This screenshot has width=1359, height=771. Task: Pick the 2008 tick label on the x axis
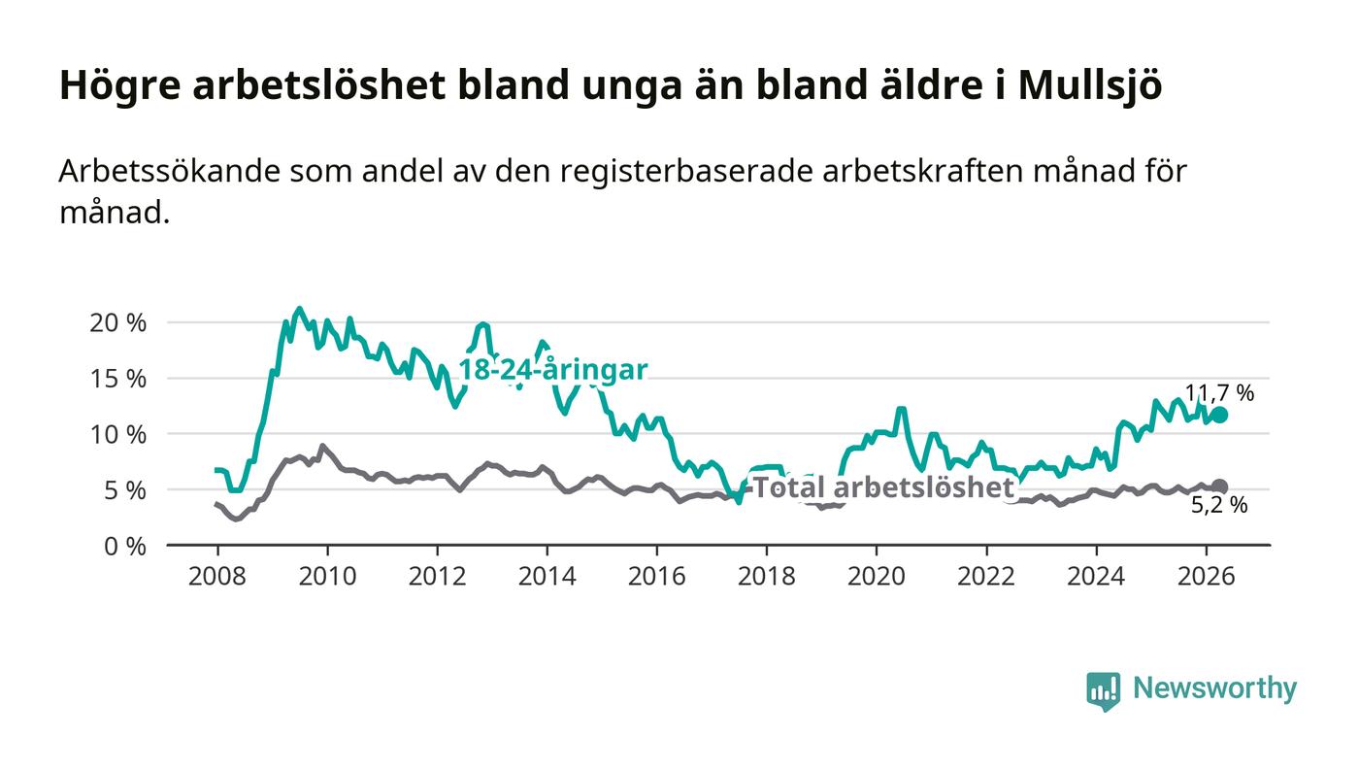217,576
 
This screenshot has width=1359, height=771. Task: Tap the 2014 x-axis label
547,576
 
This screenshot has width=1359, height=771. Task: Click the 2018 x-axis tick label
766,576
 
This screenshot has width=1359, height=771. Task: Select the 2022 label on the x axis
986,576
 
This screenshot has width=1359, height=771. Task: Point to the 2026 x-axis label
1206,576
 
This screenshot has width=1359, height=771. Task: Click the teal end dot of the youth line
1219,416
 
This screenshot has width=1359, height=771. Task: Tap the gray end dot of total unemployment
1219,486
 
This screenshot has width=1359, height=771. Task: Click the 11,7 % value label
1219,393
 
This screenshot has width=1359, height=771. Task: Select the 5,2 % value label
1219,505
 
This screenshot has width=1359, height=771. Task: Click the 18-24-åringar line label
552,370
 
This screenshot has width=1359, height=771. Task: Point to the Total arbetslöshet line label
883,487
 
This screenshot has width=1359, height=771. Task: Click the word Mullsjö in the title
1090,84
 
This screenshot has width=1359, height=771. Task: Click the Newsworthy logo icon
1103,691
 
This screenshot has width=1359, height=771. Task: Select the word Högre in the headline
120,85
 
